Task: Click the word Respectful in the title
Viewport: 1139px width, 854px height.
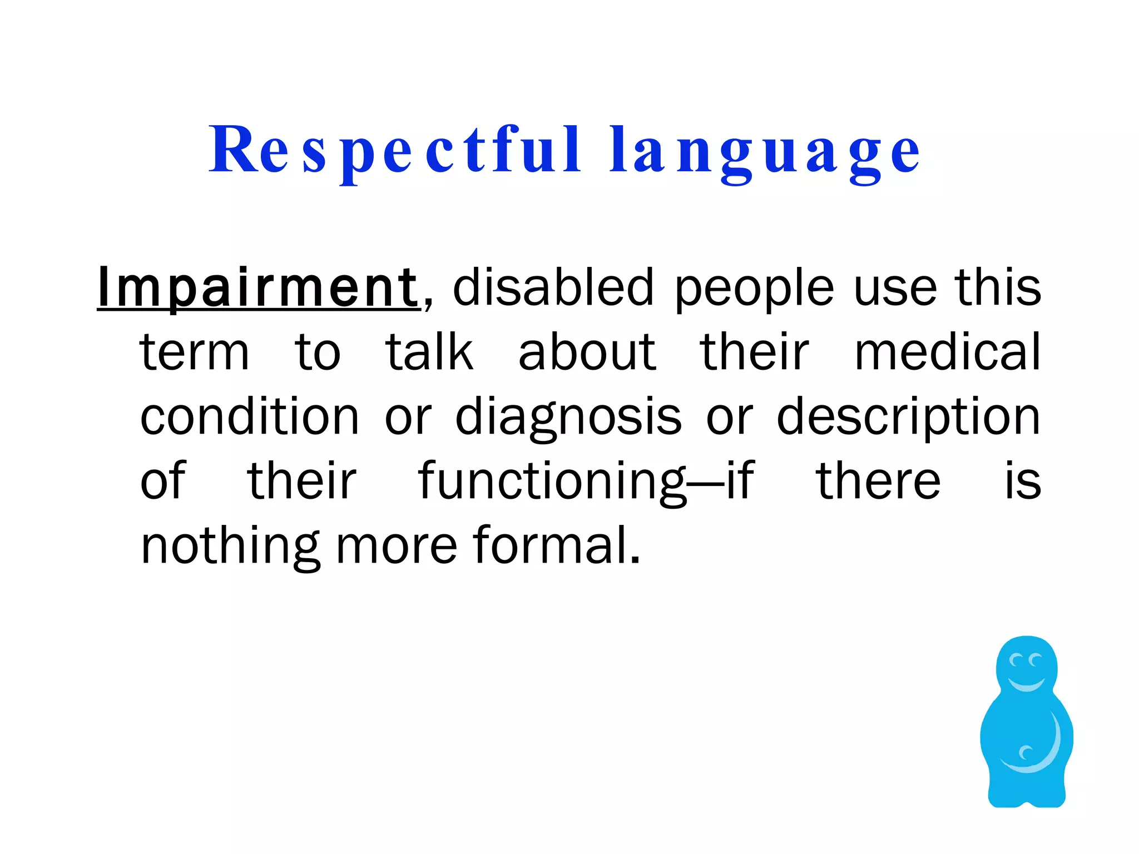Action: coord(395,150)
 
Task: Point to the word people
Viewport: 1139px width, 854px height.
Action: coord(754,289)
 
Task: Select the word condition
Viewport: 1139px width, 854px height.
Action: coord(250,416)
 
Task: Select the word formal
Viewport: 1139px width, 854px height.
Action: coord(557,545)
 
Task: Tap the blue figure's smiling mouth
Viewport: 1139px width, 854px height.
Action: coord(1026,683)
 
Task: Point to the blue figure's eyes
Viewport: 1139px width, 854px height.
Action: coord(1026,661)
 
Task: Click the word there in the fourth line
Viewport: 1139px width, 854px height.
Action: coord(878,481)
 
